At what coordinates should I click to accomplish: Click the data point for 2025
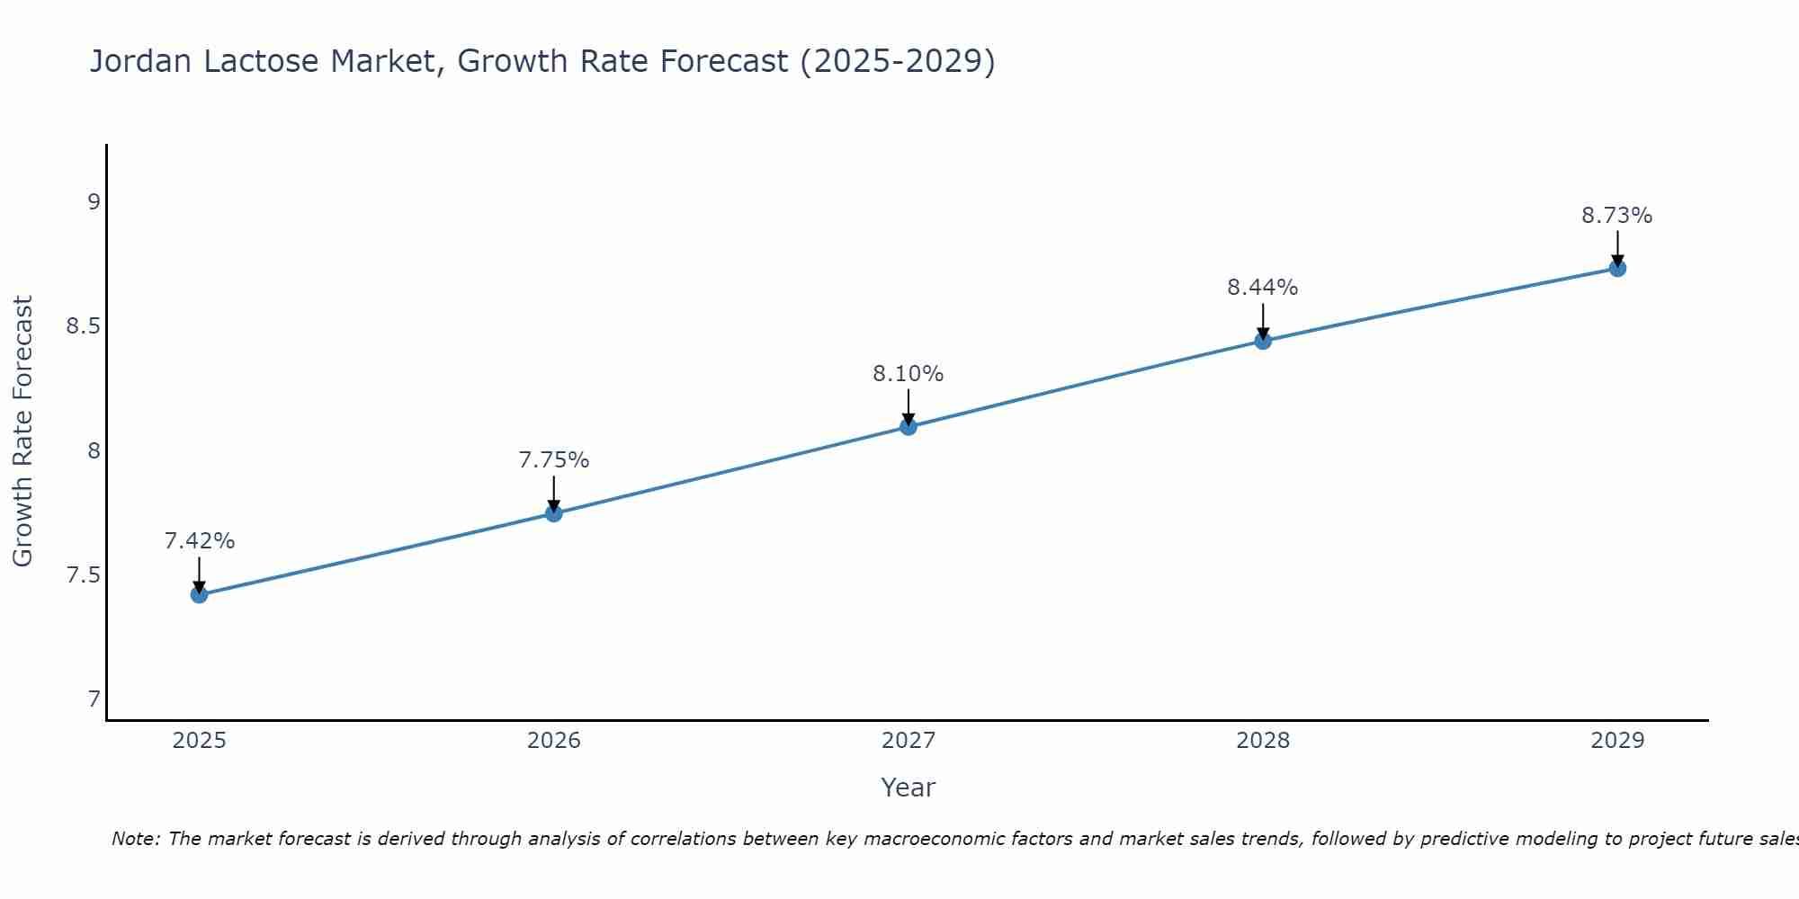coord(200,594)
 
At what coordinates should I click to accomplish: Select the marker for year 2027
coord(908,426)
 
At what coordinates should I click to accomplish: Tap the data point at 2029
coord(1617,268)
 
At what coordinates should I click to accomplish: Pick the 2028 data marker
coord(1263,341)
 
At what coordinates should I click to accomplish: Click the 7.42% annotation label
coord(200,541)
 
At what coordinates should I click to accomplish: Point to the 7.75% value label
coord(554,460)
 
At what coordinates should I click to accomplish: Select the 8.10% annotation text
coord(908,374)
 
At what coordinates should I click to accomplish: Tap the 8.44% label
coord(1263,288)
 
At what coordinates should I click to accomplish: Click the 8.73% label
coord(1617,216)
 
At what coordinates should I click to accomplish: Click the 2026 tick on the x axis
coord(554,741)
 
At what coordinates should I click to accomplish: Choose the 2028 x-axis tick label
coord(1263,741)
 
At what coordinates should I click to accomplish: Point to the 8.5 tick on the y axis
coord(83,326)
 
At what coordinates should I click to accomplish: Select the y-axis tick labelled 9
coord(94,201)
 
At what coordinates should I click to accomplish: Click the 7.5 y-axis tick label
coord(83,575)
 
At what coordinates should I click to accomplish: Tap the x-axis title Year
coord(908,788)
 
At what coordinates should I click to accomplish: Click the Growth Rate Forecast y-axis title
coord(22,432)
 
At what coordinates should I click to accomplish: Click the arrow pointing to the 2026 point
coord(554,494)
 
